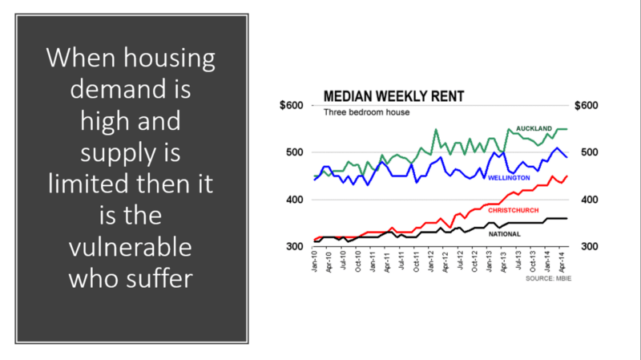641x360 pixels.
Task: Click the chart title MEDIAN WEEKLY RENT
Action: click(x=393, y=98)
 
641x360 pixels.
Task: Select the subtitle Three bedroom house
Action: click(x=366, y=112)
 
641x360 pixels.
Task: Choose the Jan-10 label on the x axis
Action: click(x=316, y=263)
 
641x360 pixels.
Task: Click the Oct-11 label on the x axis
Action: click(x=416, y=263)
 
